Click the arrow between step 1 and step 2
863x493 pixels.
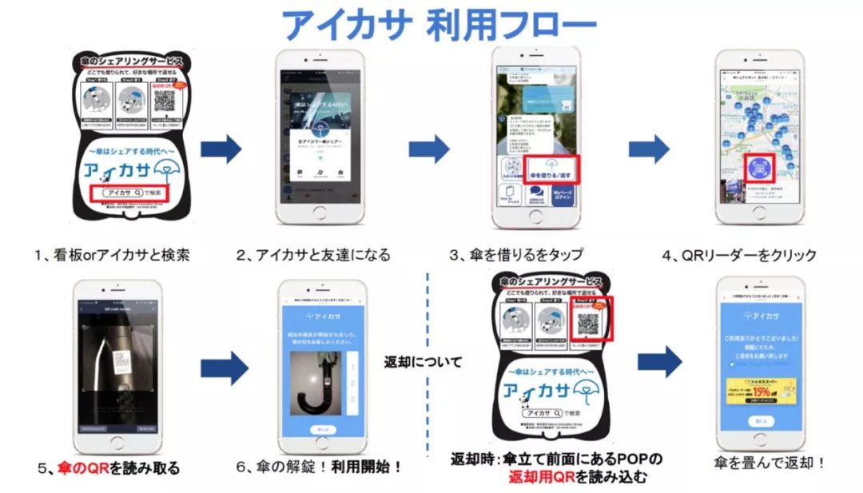[x=221, y=149]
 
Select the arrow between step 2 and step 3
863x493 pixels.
[x=429, y=149]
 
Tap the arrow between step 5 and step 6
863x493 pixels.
[x=225, y=367]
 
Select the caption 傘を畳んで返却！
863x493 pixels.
[x=758, y=462]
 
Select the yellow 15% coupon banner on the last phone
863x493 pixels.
[x=760, y=389]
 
